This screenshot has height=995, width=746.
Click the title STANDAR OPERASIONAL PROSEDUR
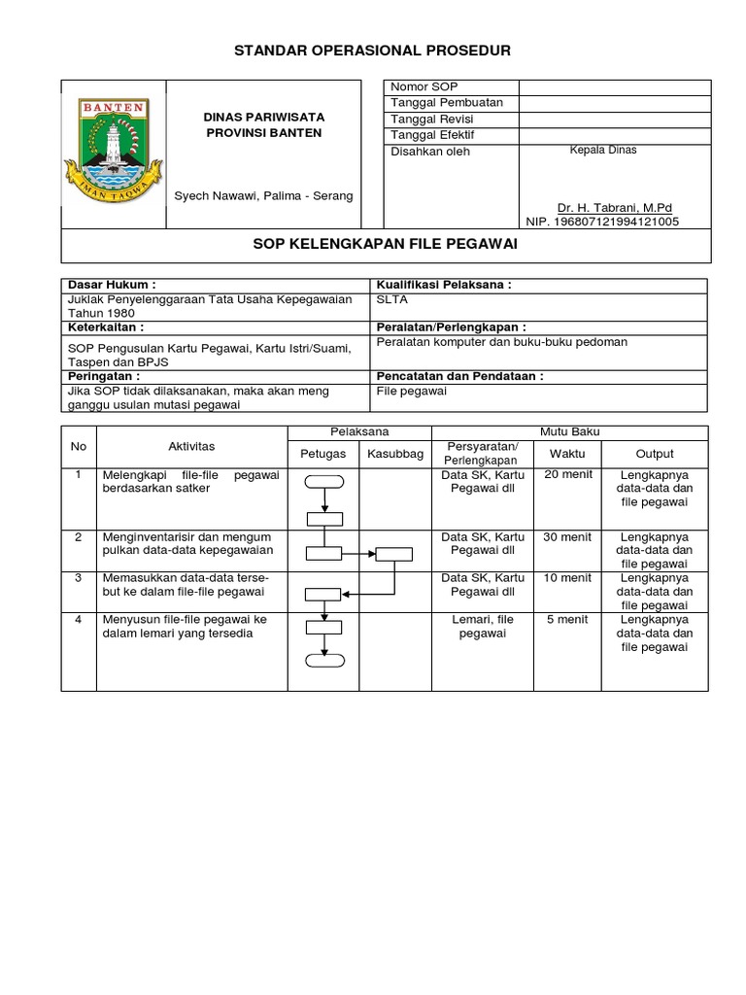pos(372,51)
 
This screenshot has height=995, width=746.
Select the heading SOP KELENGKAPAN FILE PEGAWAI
pos(386,246)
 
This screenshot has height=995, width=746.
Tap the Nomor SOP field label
pos(424,87)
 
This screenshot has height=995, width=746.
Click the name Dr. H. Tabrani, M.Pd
pos(614,208)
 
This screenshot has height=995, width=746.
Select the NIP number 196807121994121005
pos(602,222)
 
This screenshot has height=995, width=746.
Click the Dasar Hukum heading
pos(110,285)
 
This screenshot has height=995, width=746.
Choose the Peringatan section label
pos(103,375)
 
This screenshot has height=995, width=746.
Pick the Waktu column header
pos(567,454)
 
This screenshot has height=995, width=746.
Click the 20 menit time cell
pos(567,474)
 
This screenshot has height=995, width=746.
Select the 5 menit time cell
pos(567,619)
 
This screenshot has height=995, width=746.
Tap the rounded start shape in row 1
pos(323,480)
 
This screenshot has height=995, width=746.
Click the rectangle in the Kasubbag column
pos(393,554)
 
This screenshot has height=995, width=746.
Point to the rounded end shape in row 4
pos(323,662)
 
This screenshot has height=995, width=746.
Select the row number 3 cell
pos(78,578)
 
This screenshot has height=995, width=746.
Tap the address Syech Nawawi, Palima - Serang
pos(263,196)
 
